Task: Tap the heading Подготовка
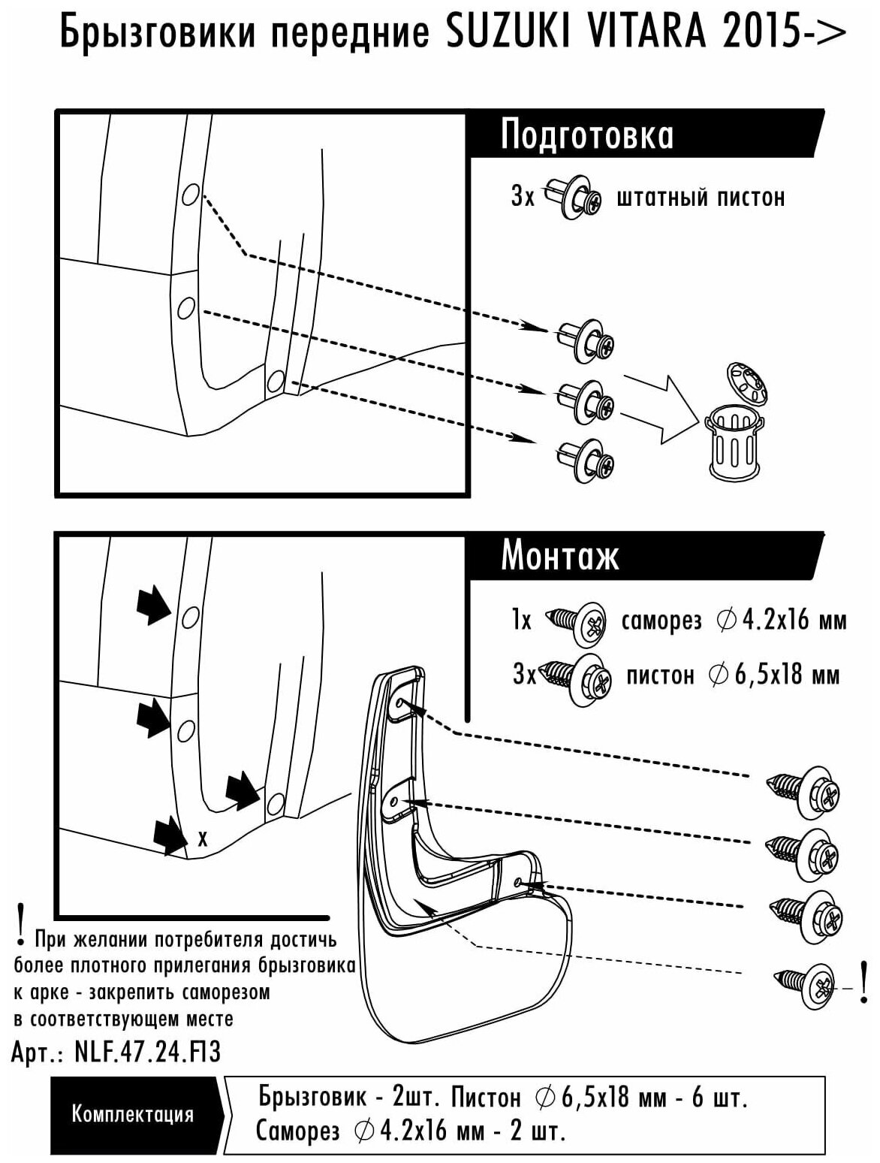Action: click(x=586, y=135)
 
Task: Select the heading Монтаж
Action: click(x=559, y=557)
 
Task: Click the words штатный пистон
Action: click(x=700, y=198)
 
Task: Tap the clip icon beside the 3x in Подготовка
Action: click(x=571, y=196)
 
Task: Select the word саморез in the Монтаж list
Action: click(x=662, y=621)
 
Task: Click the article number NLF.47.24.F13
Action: click(x=148, y=1053)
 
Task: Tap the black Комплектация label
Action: click(x=132, y=1113)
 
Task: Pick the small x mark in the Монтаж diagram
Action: click(x=202, y=838)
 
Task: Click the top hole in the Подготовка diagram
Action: click(x=190, y=196)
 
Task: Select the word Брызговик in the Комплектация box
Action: click(x=312, y=1097)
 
